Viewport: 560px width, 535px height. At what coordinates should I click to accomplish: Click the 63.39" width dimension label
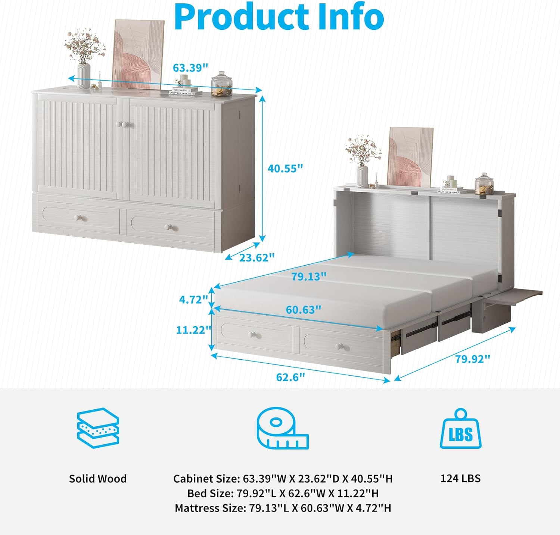[x=190, y=68]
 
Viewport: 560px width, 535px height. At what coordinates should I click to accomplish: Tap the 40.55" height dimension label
[x=285, y=168]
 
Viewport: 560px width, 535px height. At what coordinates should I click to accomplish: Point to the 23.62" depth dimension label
[x=257, y=257]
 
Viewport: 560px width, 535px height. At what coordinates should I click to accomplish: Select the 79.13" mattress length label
[x=309, y=276]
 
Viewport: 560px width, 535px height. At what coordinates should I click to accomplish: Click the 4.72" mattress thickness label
[x=193, y=299]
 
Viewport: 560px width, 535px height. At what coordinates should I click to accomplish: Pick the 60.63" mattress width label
[x=304, y=310]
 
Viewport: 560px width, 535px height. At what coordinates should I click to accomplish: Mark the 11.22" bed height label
[x=193, y=330]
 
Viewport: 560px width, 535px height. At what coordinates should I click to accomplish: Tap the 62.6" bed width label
[x=290, y=377]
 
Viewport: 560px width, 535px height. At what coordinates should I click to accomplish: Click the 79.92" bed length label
[x=472, y=359]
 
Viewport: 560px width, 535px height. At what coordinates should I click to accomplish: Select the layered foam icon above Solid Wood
[x=98, y=428]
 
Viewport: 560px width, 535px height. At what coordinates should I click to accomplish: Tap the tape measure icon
[x=282, y=428]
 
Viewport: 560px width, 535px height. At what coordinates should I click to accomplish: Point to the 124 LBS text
[x=460, y=478]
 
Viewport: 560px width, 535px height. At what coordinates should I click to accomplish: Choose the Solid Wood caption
[x=98, y=479]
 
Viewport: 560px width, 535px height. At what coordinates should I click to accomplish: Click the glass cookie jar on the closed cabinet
[x=221, y=84]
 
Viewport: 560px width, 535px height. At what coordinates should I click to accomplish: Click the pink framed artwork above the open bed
[x=410, y=157]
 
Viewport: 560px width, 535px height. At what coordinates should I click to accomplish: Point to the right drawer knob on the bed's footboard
[x=340, y=346]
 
